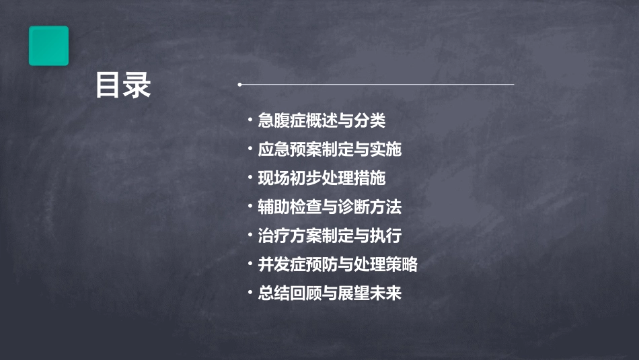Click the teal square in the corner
(x=48, y=46)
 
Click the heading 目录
(x=123, y=86)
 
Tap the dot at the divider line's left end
(x=239, y=85)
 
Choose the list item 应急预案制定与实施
(x=330, y=149)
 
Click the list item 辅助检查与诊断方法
(x=330, y=207)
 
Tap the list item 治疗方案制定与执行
(x=330, y=236)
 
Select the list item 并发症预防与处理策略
(x=338, y=265)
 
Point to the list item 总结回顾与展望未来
(x=330, y=294)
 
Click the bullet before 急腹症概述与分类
(x=250, y=122)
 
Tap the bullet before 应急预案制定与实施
(x=250, y=150)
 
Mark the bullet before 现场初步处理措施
(x=250, y=179)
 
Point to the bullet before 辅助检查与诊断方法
(x=250, y=208)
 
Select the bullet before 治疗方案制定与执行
(x=250, y=237)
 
